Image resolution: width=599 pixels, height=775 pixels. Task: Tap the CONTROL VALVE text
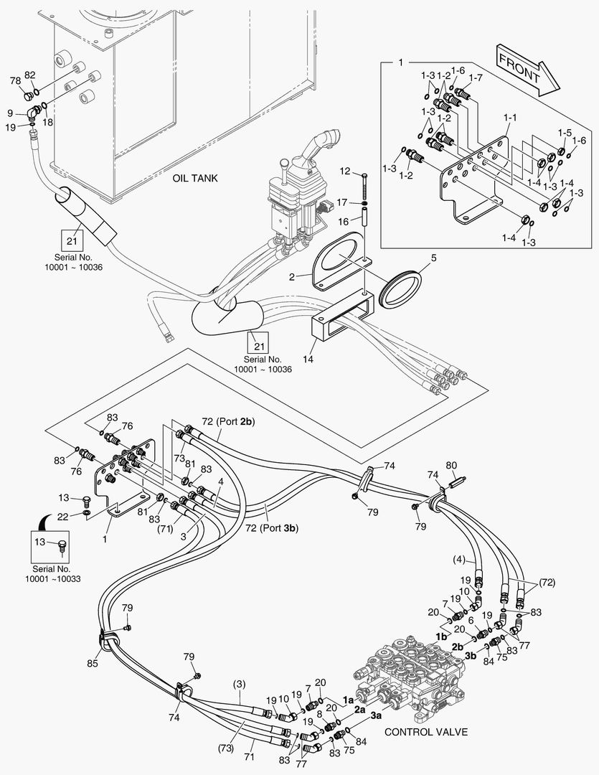coord(426,732)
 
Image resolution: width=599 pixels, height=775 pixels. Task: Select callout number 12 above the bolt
coord(345,172)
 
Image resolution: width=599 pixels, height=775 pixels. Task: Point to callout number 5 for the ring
coord(433,255)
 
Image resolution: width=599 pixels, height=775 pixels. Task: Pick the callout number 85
coord(93,664)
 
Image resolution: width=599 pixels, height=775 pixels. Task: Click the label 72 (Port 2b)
coord(228,422)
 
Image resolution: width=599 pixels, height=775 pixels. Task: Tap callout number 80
coord(451,466)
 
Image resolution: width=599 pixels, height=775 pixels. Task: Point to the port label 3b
coord(471,656)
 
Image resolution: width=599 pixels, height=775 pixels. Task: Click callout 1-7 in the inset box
coord(476,77)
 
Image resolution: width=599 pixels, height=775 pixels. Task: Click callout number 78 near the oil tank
coord(15,81)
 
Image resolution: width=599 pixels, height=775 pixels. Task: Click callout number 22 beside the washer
coord(64,516)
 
